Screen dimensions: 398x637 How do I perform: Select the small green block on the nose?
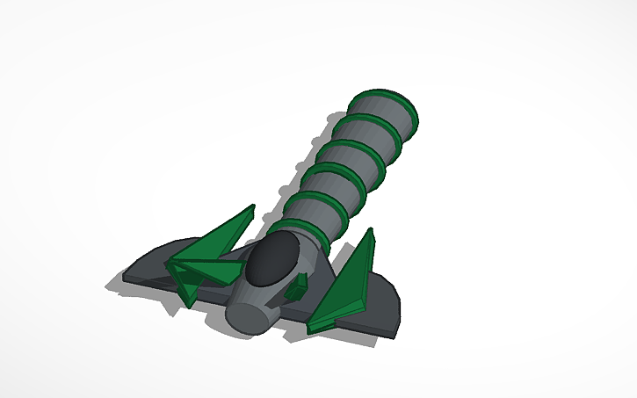pyautogui.click(x=300, y=285)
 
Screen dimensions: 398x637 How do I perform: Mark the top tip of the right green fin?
pyautogui.click(x=372, y=231)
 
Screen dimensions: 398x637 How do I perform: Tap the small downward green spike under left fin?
pyautogui.click(x=187, y=294)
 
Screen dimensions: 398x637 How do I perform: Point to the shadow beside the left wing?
pyautogui.click(x=114, y=285)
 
